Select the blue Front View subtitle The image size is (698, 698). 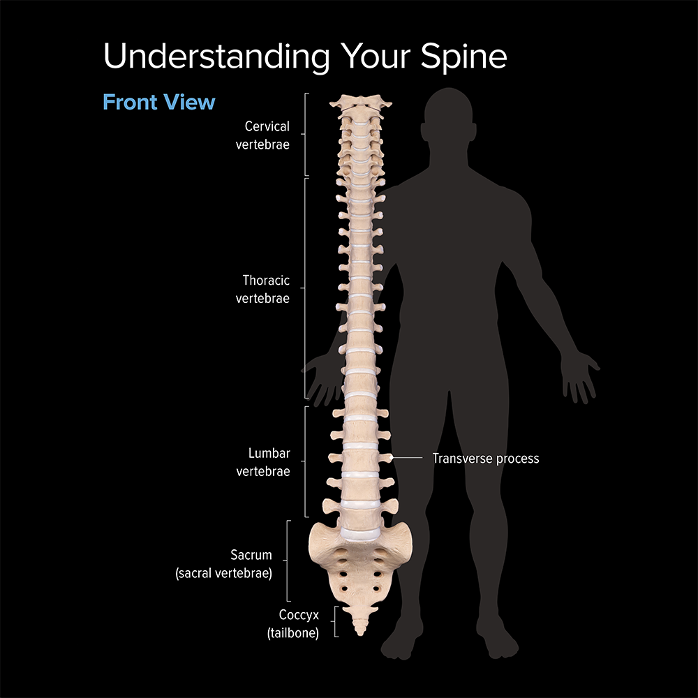coord(159,102)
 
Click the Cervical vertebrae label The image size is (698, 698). coord(263,136)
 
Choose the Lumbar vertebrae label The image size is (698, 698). coord(263,463)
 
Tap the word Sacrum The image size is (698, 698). coord(251,556)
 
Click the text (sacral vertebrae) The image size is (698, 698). coord(223,573)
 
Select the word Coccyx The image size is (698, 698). coord(299,615)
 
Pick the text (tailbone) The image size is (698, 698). coord(293,633)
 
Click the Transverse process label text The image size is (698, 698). coord(486,459)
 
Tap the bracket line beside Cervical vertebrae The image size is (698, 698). coord(306,134)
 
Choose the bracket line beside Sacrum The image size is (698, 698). coord(288,560)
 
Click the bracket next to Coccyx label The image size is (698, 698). coord(336,622)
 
